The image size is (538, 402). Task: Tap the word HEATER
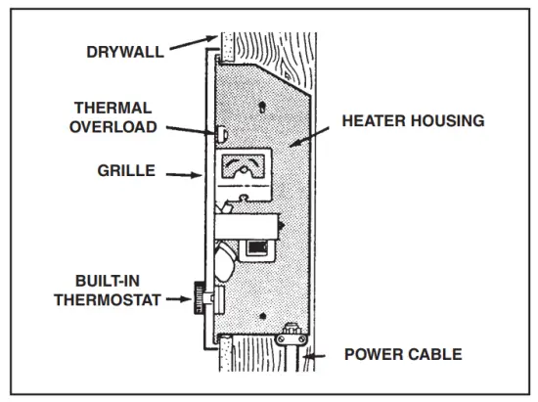click(x=373, y=121)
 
